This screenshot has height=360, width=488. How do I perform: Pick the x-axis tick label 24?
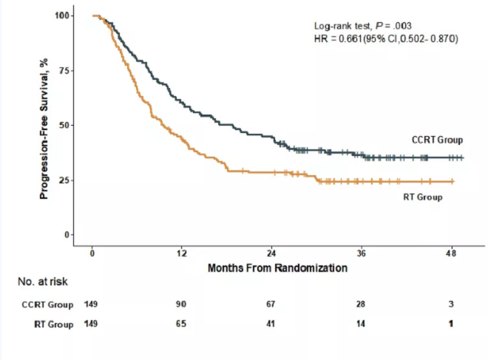click(x=271, y=253)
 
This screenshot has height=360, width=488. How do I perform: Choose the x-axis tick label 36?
click(x=361, y=253)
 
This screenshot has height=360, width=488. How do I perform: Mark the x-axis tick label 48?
click(x=450, y=253)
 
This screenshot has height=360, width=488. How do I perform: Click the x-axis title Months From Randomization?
click(x=277, y=268)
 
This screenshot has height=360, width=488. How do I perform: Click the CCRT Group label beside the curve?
click(x=437, y=140)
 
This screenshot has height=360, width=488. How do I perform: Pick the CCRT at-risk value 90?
click(x=182, y=304)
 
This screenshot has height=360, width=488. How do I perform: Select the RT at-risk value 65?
click(x=182, y=323)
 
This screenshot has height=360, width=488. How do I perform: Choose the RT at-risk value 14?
click(x=361, y=323)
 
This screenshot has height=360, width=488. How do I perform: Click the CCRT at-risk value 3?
click(x=450, y=304)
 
